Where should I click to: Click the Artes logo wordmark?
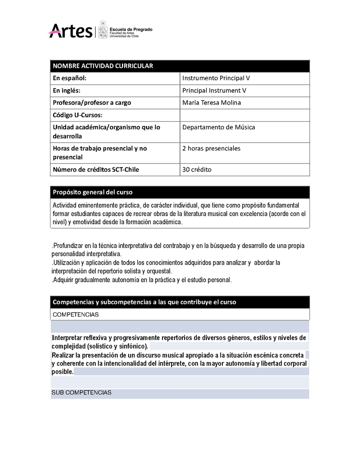pyautogui.click(x=70, y=31)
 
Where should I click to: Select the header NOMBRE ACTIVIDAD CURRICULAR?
pyautogui.click(x=103, y=66)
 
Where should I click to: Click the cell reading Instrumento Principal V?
pyautogui.click(x=216, y=78)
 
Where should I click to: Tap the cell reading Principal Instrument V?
pyautogui.click(x=214, y=90)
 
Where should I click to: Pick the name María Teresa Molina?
pyautogui.click(x=211, y=103)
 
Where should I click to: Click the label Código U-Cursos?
pyautogui.click(x=78, y=115)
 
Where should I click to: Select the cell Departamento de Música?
pyautogui.click(x=219, y=127)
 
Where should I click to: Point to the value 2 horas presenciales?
pyautogui.click(x=211, y=149)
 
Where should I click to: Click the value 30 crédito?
pyautogui.click(x=197, y=170)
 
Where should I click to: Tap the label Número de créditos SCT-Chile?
pyautogui.click(x=96, y=170)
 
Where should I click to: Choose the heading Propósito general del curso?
pyautogui.click(x=93, y=192)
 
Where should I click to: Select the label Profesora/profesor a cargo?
pyautogui.click(x=92, y=103)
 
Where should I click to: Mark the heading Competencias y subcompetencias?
pyautogui.click(x=144, y=302)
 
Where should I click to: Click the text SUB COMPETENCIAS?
pyautogui.click(x=81, y=393)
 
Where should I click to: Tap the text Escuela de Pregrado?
pyautogui.click(x=131, y=29)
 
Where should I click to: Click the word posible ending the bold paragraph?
pyautogui.click(x=62, y=372)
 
